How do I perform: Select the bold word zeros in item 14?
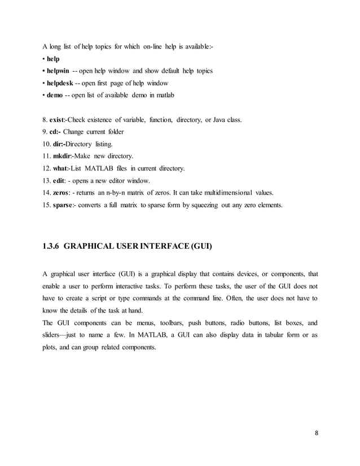[x=61, y=193]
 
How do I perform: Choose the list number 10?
[x=47, y=144]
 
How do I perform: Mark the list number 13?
[x=47, y=181]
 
